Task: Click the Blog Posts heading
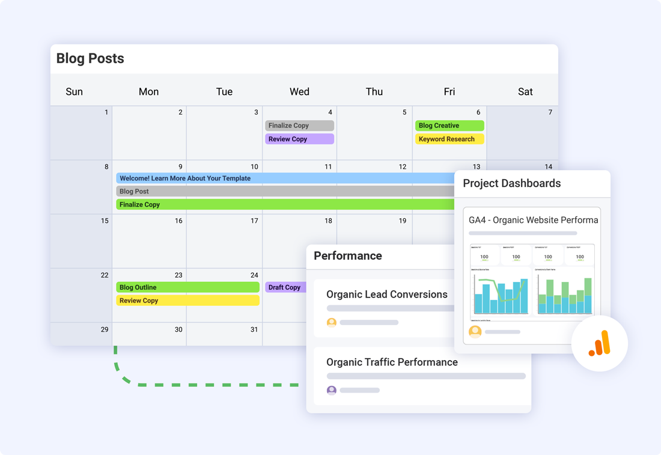[x=90, y=58]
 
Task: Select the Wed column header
[x=299, y=91]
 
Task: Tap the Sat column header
[x=525, y=91]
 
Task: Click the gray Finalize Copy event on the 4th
[x=299, y=126]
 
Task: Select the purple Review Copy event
[x=299, y=139]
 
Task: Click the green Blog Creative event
[x=449, y=126]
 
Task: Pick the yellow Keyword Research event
[x=449, y=139]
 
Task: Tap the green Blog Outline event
[x=187, y=287]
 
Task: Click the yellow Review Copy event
[x=187, y=301]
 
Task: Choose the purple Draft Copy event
[x=285, y=287]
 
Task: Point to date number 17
[x=254, y=221]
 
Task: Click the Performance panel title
[x=348, y=256]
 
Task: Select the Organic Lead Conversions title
[x=386, y=295]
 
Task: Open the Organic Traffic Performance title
[x=392, y=362]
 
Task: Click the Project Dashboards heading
[x=511, y=184]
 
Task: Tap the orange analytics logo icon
[x=600, y=344]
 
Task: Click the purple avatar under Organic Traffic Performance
[x=331, y=390]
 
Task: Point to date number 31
[x=254, y=329]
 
